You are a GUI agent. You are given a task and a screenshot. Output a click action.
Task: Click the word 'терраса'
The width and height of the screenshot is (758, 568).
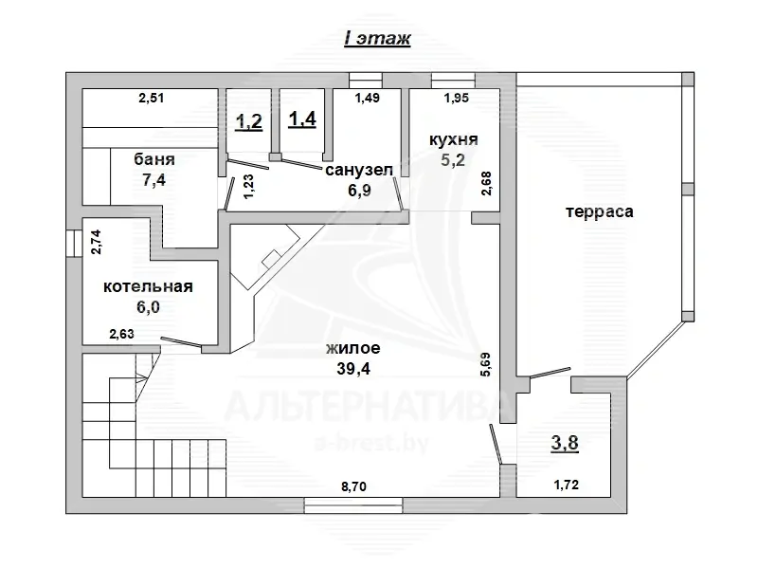[x=599, y=211]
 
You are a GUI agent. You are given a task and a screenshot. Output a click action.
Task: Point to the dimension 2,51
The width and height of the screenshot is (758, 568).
[x=152, y=97]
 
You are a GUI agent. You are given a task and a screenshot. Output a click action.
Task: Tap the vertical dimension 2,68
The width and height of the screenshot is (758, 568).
[x=487, y=181]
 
